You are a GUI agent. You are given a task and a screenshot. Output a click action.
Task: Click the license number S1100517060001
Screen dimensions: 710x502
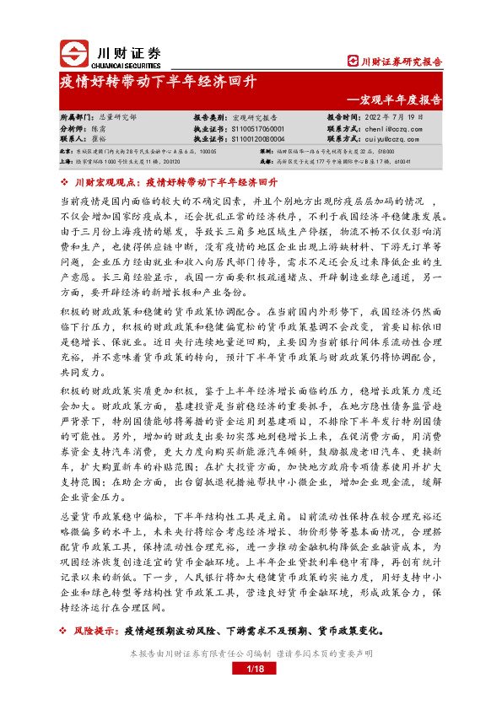(256, 128)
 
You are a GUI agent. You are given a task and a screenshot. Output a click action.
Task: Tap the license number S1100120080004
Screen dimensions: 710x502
(256, 138)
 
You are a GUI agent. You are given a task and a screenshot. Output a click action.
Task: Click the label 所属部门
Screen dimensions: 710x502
(73, 118)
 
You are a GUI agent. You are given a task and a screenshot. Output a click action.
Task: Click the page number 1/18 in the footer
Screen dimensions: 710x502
(251, 669)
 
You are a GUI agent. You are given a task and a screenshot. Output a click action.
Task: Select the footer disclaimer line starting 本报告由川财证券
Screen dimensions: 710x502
(251, 654)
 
